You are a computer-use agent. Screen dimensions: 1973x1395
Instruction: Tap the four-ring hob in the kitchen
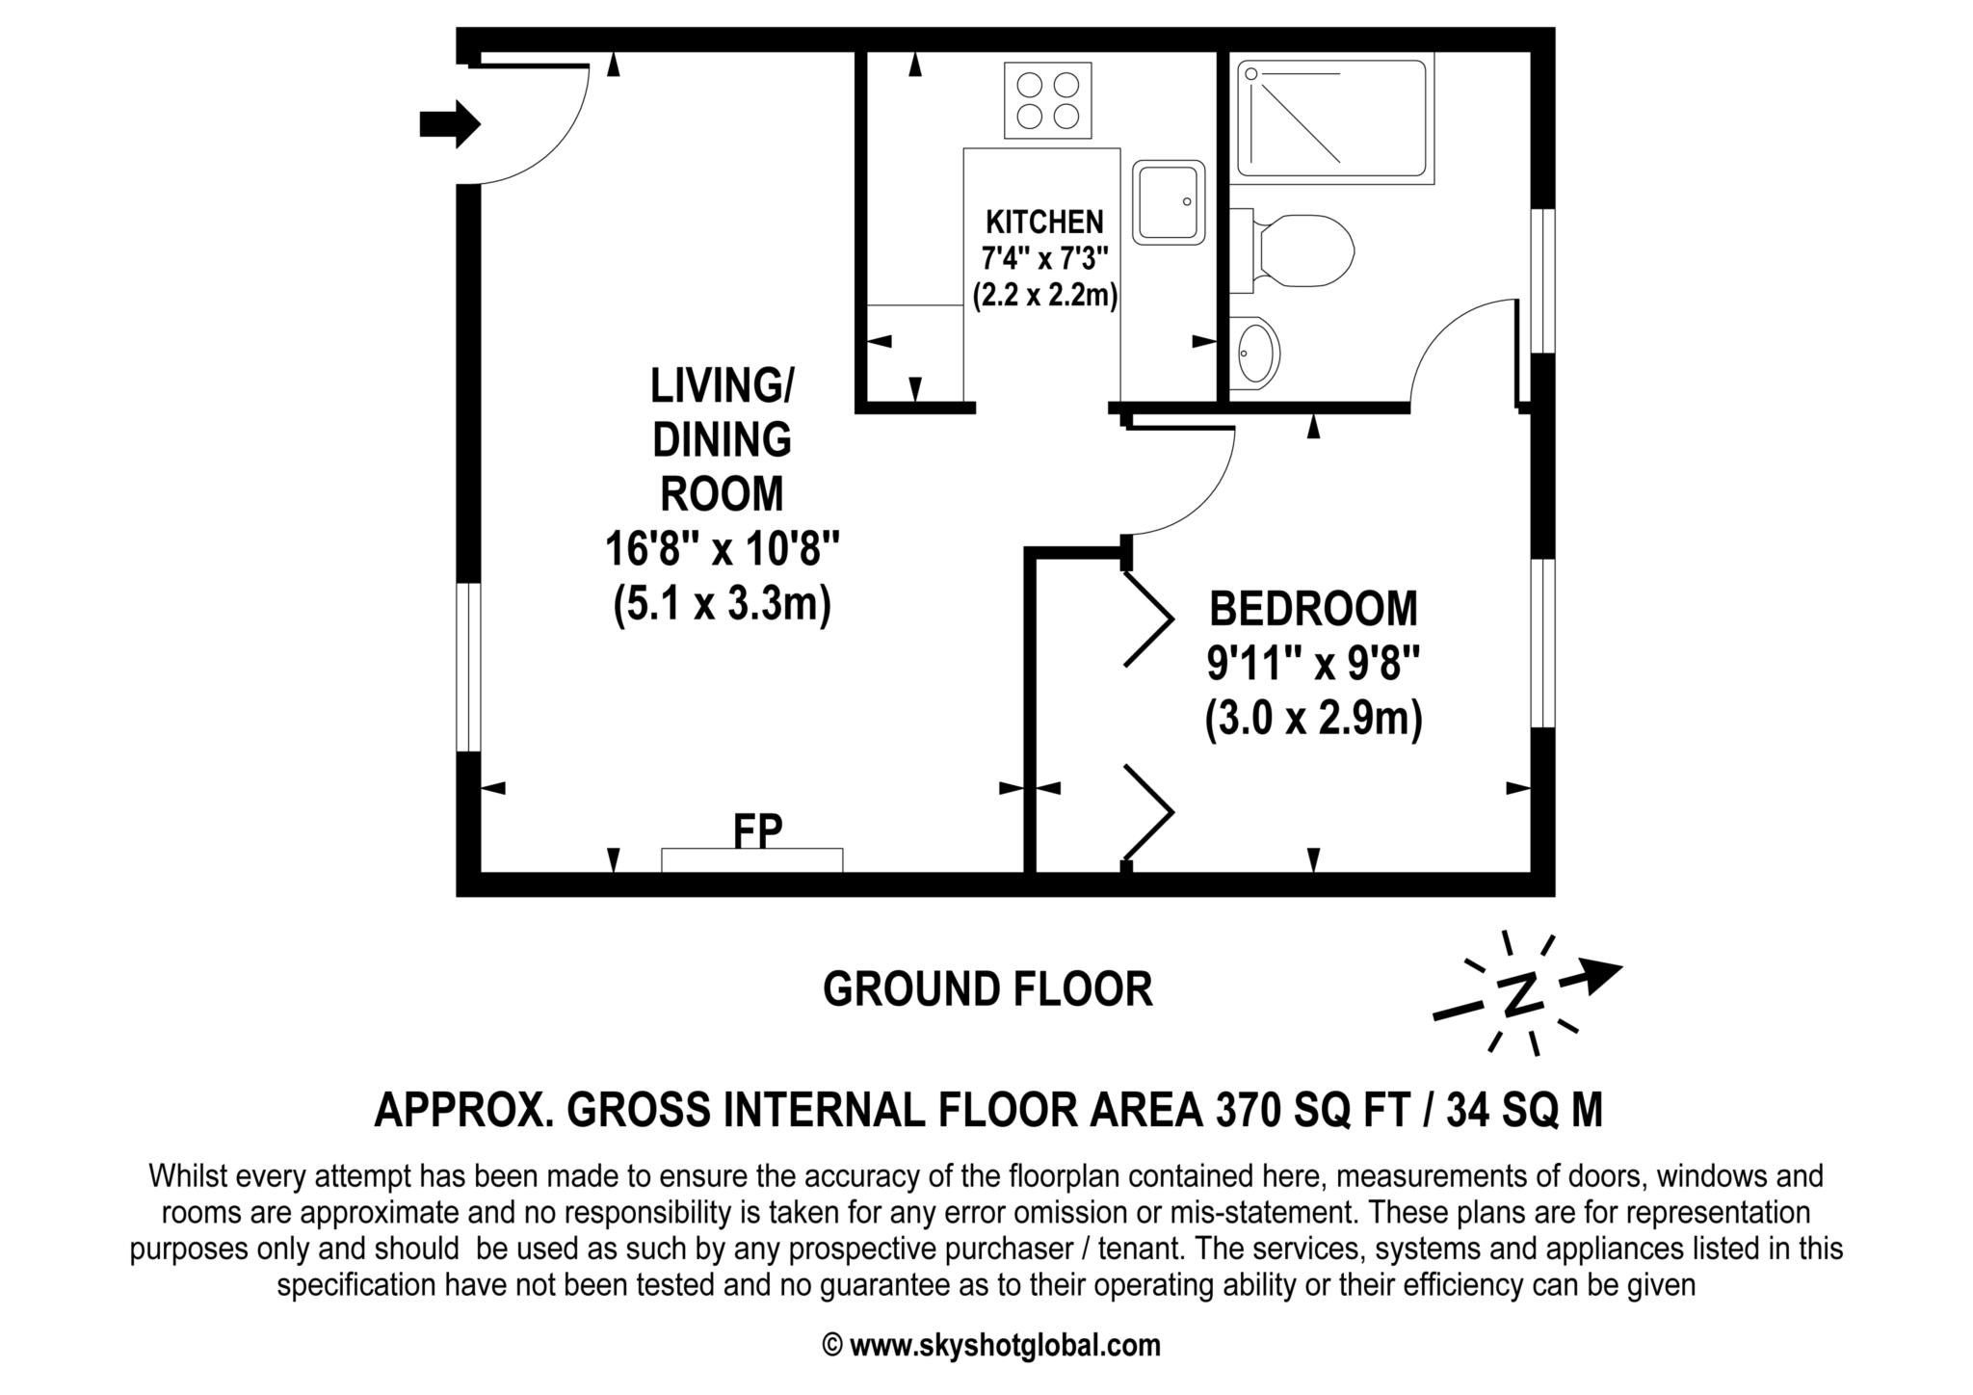(1048, 100)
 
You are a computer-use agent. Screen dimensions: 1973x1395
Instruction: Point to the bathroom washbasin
(1255, 353)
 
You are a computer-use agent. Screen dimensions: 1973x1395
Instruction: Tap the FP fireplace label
(757, 830)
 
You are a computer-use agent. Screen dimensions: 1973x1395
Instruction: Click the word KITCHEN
(1044, 223)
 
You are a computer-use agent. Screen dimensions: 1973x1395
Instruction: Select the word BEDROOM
(1314, 609)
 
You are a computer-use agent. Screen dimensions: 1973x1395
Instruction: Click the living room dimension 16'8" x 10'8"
(723, 550)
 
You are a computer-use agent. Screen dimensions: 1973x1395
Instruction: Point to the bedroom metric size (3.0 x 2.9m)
(1314, 720)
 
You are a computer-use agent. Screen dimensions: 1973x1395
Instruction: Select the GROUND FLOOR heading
(987, 989)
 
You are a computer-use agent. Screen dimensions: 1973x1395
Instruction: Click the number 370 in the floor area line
(1249, 1110)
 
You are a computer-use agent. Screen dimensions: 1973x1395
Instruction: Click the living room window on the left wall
(468, 667)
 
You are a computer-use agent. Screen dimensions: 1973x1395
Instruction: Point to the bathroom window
(1543, 280)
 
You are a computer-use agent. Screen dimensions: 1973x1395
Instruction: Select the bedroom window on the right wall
(1543, 643)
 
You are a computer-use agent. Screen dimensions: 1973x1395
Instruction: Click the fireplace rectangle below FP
(752, 860)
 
